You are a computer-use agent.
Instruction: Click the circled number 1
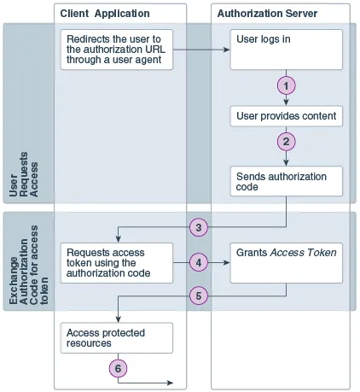(287, 86)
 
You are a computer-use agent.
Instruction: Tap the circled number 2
(287, 141)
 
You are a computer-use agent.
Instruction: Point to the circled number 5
(198, 295)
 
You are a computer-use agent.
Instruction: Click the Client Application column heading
(105, 15)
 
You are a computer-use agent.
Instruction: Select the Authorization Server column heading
(267, 15)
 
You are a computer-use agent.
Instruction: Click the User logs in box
(287, 50)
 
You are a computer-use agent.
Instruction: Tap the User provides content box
(287, 115)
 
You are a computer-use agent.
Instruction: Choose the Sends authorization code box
(287, 182)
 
